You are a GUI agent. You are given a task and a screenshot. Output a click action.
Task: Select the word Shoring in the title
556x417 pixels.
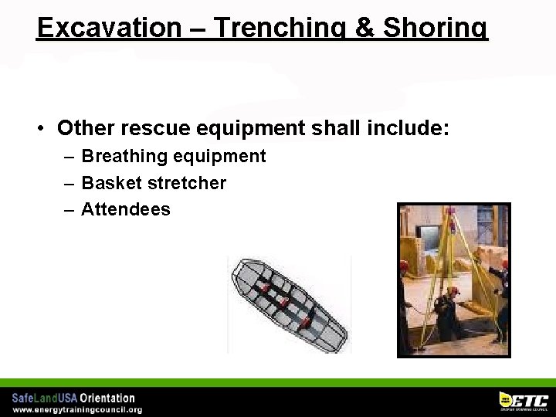[441, 27]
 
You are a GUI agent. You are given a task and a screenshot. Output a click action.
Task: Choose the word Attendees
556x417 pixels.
[126, 209]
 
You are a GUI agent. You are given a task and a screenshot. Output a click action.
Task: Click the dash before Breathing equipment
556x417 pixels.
[69, 157]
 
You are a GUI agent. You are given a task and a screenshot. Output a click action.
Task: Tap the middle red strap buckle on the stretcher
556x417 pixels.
[284, 301]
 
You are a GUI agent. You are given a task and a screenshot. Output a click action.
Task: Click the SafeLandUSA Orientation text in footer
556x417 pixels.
[73, 398]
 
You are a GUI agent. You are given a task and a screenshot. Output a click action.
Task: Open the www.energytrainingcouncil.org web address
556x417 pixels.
[76, 409]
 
